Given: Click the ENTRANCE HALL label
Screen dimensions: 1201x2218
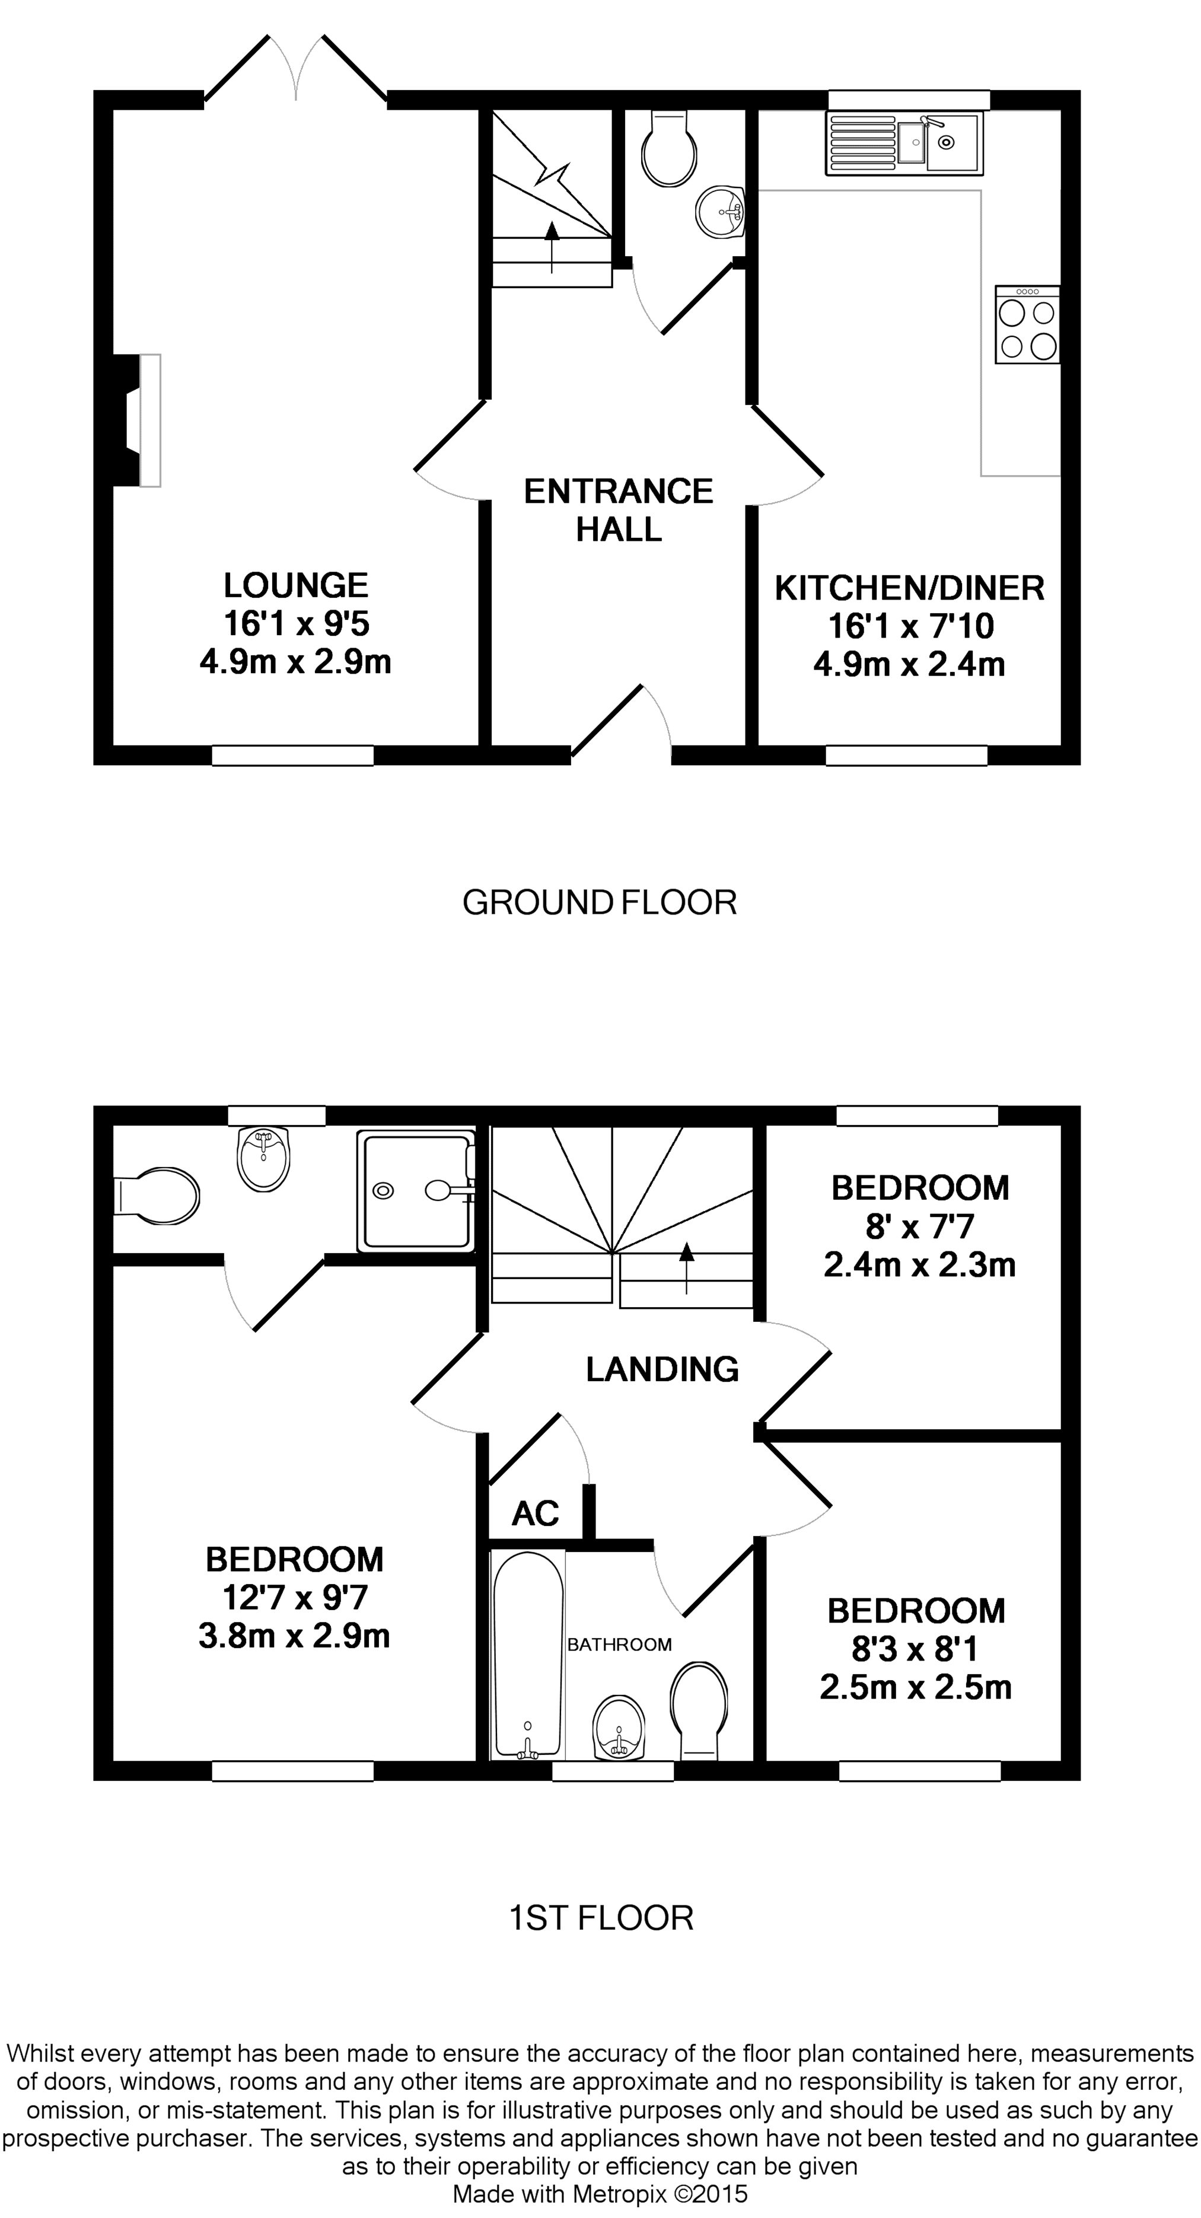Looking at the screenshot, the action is pyautogui.click(x=618, y=510).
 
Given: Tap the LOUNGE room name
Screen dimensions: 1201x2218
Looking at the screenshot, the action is pyautogui.click(x=295, y=585).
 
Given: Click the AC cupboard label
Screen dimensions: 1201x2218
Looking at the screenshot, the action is pyautogui.click(x=536, y=1513).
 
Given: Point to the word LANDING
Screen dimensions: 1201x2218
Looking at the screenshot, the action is pyautogui.click(x=662, y=1369).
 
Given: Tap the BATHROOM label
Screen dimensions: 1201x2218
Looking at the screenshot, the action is pyautogui.click(x=619, y=1645).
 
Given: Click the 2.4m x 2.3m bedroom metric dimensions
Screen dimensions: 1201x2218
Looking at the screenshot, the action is pyautogui.click(x=919, y=1265).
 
